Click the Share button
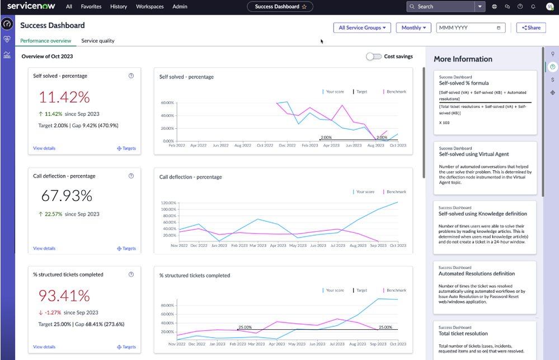click(x=530, y=27)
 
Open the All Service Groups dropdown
click(x=362, y=27)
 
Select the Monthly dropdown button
click(x=414, y=27)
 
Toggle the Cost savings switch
click(x=373, y=57)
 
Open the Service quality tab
click(x=98, y=41)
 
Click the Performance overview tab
click(x=46, y=41)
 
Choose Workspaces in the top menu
click(x=150, y=7)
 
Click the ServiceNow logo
click(x=30, y=7)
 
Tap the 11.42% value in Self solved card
click(x=65, y=97)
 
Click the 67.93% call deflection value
click(x=67, y=195)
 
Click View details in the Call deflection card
click(x=44, y=248)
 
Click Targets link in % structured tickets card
click(x=126, y=347)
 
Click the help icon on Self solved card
click(x=131, y=76)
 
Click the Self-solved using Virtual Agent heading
click(x=474, y=154)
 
